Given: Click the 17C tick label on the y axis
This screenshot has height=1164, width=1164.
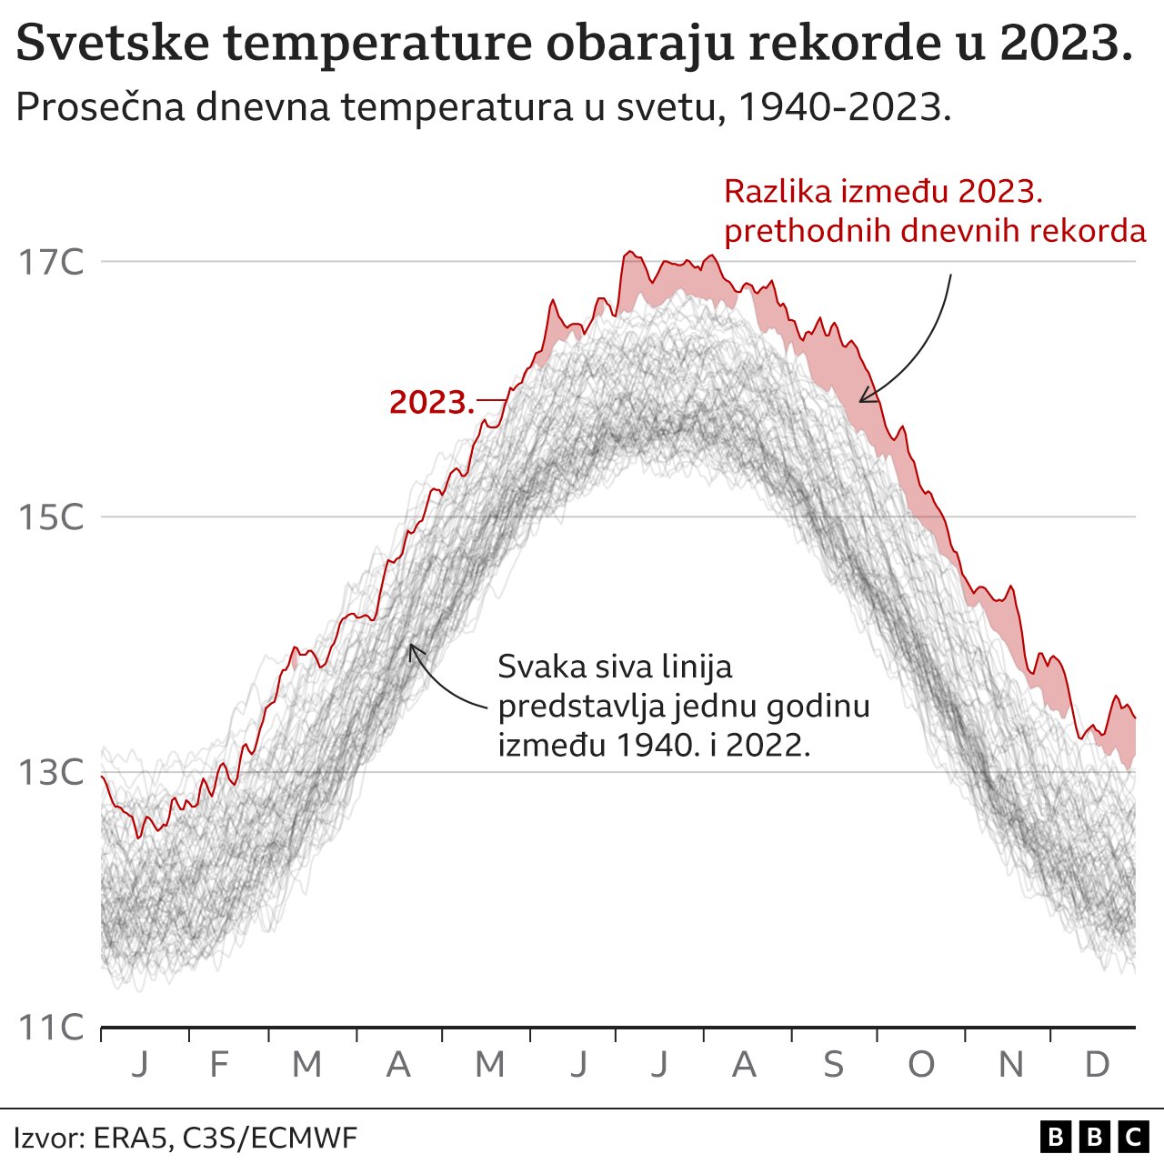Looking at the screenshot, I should (51, 263).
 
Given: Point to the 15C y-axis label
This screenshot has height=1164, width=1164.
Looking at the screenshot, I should (51, 517).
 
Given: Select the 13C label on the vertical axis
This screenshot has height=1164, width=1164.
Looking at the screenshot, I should (51, 773).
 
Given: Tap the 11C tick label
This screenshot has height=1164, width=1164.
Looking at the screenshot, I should (51, 1028).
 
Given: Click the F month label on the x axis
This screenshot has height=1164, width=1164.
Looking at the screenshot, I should (218, 1064).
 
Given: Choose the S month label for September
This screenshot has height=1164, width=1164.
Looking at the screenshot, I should (833, 1064).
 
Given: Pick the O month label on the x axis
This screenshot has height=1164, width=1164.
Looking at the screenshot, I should (921, 1064).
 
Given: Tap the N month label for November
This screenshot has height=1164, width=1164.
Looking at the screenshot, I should (1010, 1064).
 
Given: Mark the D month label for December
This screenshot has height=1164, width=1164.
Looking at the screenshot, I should (1098, 1064).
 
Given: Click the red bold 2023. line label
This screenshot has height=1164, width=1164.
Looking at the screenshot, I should (432, 402).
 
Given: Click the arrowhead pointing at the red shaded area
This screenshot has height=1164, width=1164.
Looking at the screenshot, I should (863, 396).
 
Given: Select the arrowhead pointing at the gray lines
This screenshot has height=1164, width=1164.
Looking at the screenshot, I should (412, 647).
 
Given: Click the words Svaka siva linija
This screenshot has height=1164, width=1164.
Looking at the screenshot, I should (615, 667).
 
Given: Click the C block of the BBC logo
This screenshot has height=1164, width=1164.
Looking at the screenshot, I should (1132, 1137).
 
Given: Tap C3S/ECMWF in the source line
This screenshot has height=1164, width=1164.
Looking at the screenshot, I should (270, 1138).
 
